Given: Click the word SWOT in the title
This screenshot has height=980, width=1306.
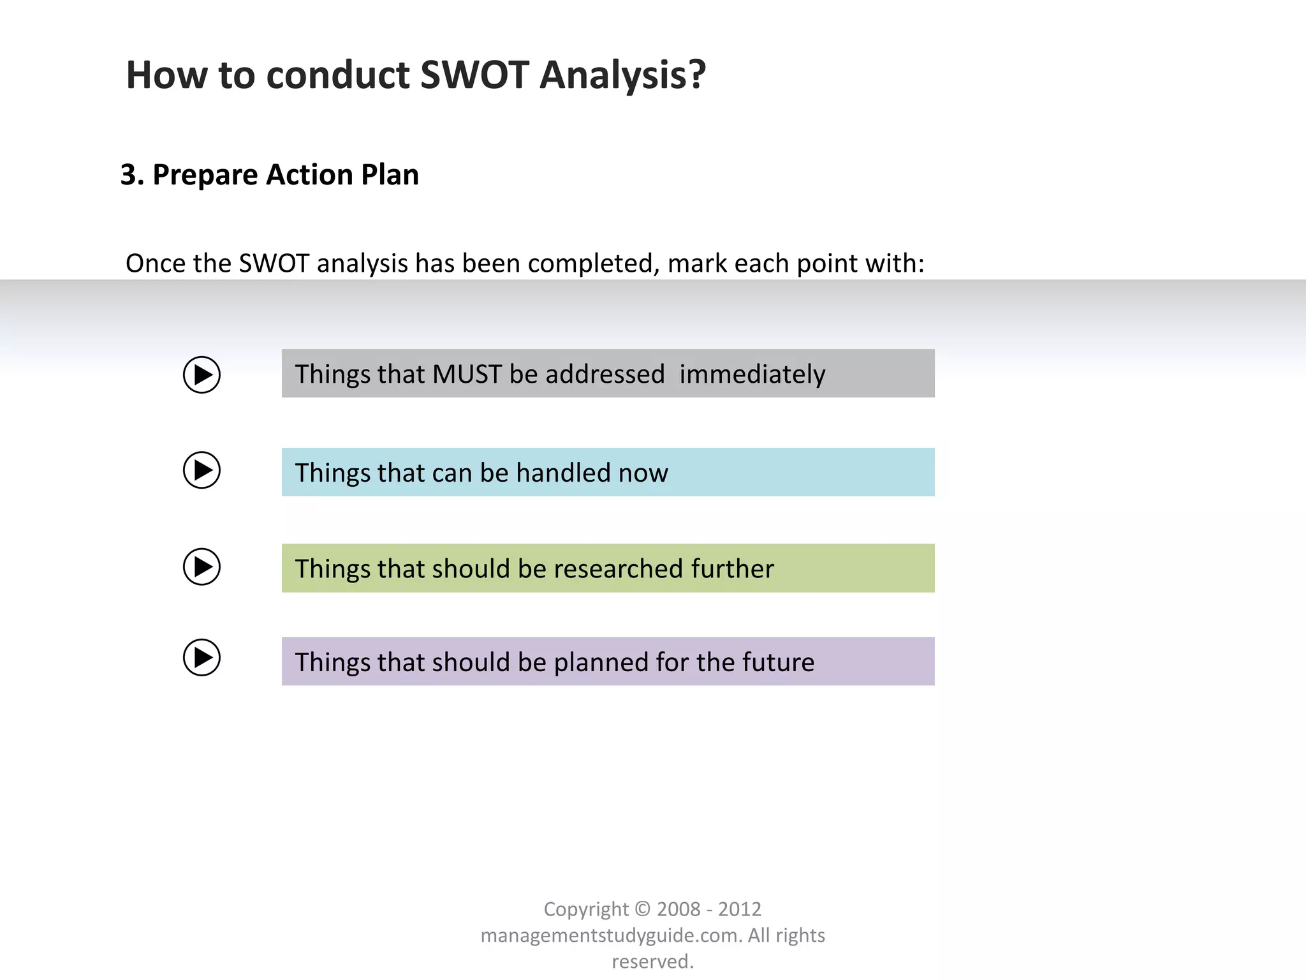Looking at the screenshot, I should tap(474, 75).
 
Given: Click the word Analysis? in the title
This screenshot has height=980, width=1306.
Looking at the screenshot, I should tap(622, 75).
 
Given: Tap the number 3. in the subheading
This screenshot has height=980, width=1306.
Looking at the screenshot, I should tap(132, 175).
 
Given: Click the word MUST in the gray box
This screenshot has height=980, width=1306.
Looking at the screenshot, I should tap(466, 375).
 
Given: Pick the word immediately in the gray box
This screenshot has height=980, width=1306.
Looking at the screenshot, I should tap(752, 375).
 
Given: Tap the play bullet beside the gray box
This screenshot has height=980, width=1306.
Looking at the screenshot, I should tap(202, 375).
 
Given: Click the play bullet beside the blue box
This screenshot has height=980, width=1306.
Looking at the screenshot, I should tap(202, 470).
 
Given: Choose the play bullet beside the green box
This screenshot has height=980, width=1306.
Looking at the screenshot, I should tap(202, 567).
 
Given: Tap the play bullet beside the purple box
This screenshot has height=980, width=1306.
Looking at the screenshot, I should tap(202, 658).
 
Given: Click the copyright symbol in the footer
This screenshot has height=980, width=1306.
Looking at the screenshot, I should tap(643, 909).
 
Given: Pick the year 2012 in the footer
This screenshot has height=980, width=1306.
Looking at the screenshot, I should tap(740, 909).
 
